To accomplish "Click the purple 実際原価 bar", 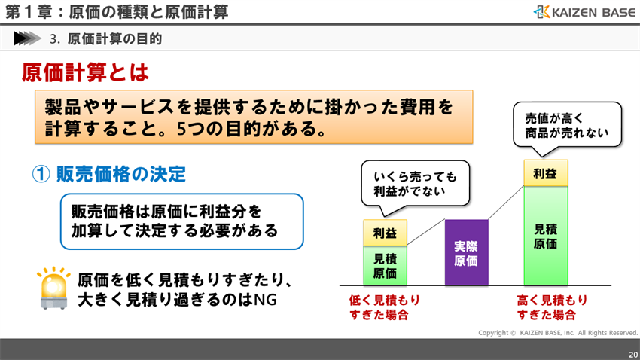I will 466,252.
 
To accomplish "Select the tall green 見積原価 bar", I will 545,236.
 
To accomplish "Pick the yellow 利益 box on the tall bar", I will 545,173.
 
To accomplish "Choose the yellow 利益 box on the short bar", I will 385,233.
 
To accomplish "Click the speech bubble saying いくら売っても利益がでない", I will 415,183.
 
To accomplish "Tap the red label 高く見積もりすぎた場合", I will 552,307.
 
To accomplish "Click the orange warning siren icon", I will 53,288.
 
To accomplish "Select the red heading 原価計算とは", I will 85,72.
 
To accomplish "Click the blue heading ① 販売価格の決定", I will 108,174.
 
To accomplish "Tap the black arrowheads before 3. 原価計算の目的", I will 26,38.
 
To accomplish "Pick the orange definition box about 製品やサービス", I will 254,117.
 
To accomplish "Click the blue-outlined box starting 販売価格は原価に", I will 181,221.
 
